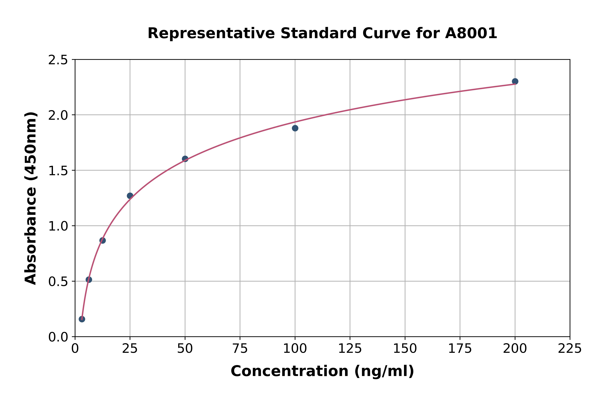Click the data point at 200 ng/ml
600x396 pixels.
[515, 81]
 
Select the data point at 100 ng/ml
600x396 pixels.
[295, 128]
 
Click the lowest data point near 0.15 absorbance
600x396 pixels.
[82, 319]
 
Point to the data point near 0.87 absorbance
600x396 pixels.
[103, 240]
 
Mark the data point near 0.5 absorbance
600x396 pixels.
[89, 280]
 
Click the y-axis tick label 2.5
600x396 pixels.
[58, 60]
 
